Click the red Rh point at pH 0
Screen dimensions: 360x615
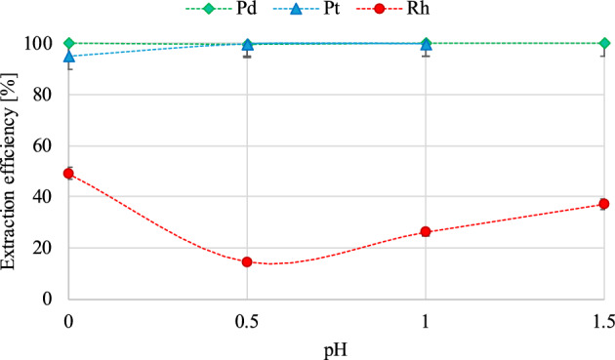68,174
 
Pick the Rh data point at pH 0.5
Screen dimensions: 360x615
247,261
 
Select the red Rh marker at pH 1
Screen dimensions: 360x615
426,231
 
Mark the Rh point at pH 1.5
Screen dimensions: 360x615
604,204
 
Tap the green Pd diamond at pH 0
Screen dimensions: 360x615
68,43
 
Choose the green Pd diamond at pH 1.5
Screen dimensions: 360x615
604,43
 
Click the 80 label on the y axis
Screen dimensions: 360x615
43,95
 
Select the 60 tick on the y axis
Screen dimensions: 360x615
43,145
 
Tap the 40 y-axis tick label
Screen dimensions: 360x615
43,196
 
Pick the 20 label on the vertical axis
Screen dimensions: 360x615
43,248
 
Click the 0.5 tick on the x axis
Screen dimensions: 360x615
247,319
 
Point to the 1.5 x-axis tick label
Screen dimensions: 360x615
603,319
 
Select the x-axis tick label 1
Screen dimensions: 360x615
426,319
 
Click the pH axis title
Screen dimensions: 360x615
336,346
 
